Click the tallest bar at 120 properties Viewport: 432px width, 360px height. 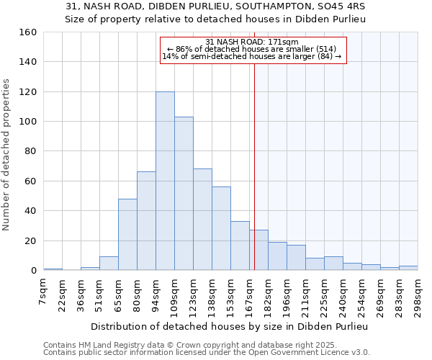[x=165, y=181]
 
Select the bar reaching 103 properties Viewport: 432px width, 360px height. [x=184, y=194]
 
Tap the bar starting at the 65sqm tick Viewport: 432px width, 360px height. [x=127, y=234]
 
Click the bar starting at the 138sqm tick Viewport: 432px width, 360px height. [x=221, y=228]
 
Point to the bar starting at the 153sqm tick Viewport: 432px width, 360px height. [x=240, y=246]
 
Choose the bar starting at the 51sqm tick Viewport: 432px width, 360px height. [x=109, y=264]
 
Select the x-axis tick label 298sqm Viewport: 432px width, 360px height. [x=418, y=295]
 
